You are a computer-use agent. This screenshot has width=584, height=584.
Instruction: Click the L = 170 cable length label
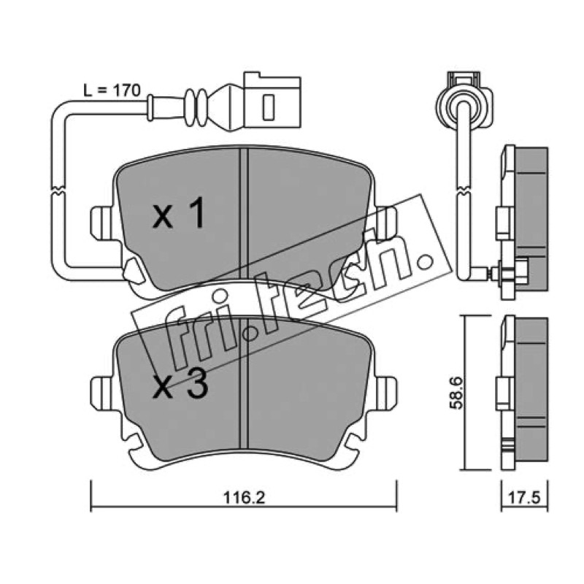(112, 91)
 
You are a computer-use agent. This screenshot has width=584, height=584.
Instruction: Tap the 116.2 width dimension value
(244, 498)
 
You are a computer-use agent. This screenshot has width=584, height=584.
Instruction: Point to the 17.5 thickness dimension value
(524, 498)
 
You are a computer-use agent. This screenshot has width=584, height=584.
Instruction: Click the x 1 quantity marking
(179, 213)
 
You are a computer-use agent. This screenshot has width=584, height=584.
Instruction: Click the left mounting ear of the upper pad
(101, 223)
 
